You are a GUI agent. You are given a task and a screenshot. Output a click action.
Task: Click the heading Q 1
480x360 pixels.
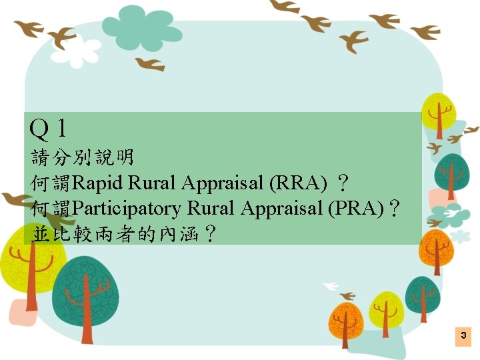pos(49,127)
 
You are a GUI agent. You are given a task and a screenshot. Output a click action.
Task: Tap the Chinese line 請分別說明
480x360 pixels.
pos(83,157)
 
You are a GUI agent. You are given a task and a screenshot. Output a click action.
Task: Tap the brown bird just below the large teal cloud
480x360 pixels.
pos(150,64)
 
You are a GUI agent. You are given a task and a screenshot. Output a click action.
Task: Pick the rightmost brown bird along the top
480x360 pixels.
pos(425,32)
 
